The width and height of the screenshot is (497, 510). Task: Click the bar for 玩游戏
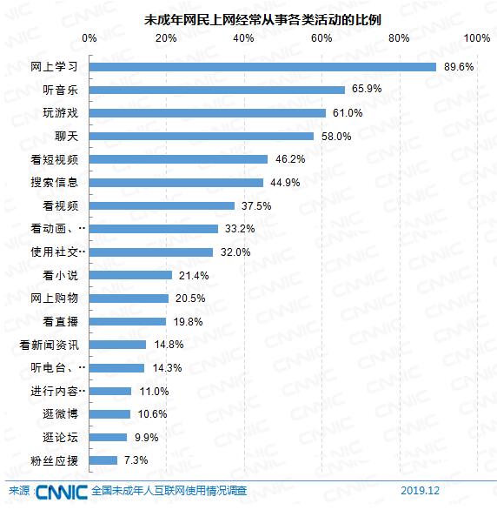click(x=208, y=113)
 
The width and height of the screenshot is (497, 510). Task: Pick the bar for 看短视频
click(x=179, y=159)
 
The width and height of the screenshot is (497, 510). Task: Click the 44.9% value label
click(x=285, y=183)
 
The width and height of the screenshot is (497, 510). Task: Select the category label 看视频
click(x=61, y=206)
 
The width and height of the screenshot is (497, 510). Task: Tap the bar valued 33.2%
click(x=154, y=229)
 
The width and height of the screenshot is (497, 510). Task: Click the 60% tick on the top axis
click(x=321, y=38)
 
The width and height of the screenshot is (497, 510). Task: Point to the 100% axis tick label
click(x=477, y=38)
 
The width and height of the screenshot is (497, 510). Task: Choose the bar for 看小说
click(x=131, y=275)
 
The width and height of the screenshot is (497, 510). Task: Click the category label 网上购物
click(x=55, y=299)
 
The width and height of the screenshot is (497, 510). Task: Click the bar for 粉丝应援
click(x=103, y=460)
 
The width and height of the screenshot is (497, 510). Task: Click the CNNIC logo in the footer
click(x=61, y=492)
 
